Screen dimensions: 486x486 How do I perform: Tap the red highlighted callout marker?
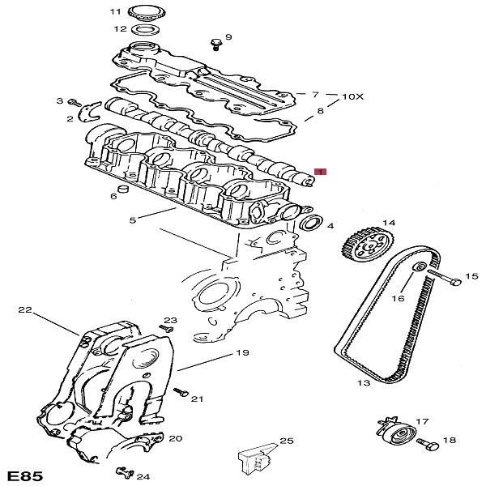320,173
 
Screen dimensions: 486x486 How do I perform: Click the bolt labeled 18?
425,443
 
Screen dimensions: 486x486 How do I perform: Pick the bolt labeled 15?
442,278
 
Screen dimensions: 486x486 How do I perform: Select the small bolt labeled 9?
215,42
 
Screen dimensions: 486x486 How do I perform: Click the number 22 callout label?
24,309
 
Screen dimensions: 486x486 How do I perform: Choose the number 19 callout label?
241,352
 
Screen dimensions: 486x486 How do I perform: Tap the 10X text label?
353,96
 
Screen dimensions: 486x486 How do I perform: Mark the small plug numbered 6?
124,190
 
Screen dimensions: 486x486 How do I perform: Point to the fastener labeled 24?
124,472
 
